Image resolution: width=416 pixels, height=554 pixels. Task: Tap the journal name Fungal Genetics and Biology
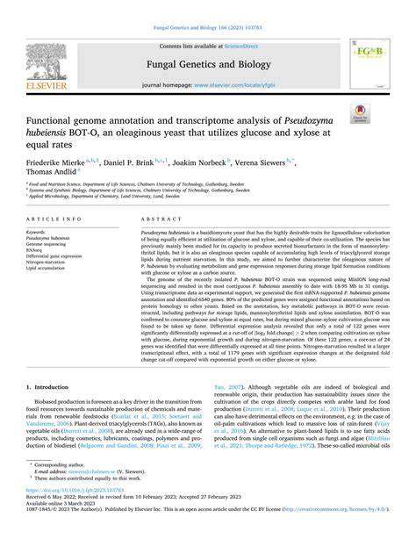click(x=209, y=64)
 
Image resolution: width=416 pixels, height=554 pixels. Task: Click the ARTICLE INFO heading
click(x=55, y=217)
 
